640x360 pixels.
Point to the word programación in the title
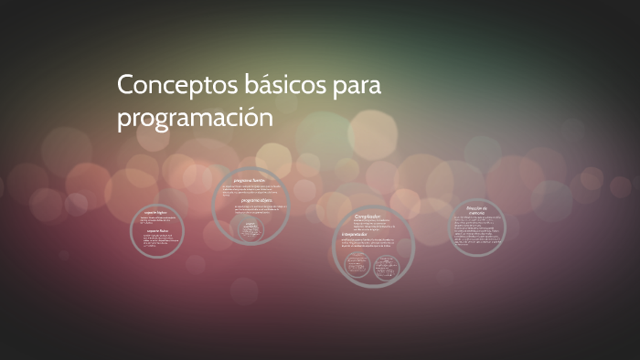click(195, 119)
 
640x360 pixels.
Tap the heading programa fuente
click(249, 181)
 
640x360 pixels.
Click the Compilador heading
click(367, 217)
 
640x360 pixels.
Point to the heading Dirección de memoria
click(478, 210)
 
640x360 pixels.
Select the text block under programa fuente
click(249, 191)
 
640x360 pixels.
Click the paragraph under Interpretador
click(370, 243)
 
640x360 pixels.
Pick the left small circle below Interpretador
click(357, 263)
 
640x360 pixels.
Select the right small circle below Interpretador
click(385, 263)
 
